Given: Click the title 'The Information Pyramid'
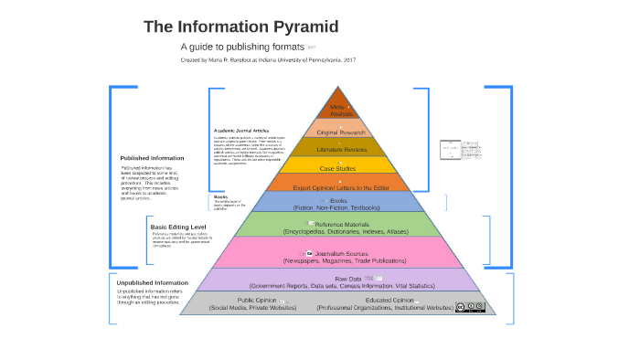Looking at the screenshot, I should [240, 26].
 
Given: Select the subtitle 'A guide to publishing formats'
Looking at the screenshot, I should [242, 46].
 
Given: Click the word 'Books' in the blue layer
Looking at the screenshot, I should [339, 200].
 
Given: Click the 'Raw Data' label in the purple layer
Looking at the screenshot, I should [347, 278].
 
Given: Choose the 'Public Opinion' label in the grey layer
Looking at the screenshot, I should [257, 300].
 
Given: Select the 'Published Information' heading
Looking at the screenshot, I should [152, 158].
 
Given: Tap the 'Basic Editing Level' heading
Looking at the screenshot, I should [177, 227].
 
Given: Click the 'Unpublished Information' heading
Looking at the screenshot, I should [152, 282].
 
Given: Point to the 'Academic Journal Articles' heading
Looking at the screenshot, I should [241, 131].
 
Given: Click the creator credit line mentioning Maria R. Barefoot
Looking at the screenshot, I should [268, 60].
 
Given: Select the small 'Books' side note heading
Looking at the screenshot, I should [220, 196].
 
